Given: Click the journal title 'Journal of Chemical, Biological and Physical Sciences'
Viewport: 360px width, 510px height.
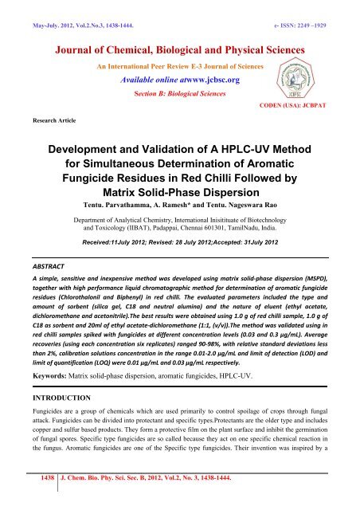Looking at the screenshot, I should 180,43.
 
